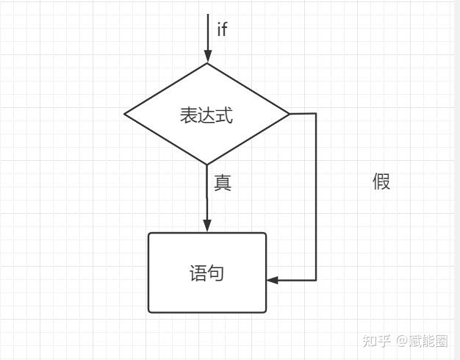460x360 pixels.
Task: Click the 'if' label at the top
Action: [x=222, y=29]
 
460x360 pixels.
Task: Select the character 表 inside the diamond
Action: [x=189, y=115]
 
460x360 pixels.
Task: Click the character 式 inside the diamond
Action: [x=224, y=115]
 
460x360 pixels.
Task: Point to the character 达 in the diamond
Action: [x=206, y=115]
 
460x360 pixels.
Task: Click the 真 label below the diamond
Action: [x=223, y=182]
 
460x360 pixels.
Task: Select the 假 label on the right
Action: [x=381, y=181]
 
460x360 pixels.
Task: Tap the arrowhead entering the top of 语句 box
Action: [x=208, y=226]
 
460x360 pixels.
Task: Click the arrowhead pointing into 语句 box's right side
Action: [x=273, y=280]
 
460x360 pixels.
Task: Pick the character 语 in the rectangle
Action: [x=198, y=273]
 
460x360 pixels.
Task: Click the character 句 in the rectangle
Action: [x=216, y=273]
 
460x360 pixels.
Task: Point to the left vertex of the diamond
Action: [x=125, y=114]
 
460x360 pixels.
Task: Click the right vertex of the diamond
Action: [x=290, y=114]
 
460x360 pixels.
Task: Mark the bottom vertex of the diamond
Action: [x=208, y=165]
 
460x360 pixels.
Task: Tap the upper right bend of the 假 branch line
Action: [x=316, y=114]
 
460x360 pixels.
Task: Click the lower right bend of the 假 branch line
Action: [x=316, y=280]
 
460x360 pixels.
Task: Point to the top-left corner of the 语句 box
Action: [x=149, y=234]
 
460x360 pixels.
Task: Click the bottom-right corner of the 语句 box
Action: [x=265, y=312]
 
